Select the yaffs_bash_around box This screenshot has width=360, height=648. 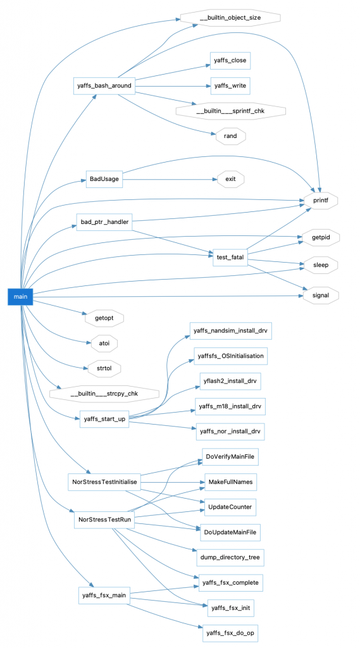pyautogui.click(x=104, y=85)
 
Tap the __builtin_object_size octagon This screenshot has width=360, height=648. pyautogui.click(x=230, y=17)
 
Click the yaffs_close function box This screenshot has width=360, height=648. pyautogui.click(x=230, y=61)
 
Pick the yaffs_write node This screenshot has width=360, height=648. pyautogui.click(x=230, y=85)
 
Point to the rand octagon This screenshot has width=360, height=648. pyautogui.click(x=230, y=135)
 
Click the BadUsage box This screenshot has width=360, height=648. pyautogui.click(x=104, y=179)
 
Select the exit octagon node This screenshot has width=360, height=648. pyautogui.click(x=230, y=179)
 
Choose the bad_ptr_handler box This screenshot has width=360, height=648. pyautogui.click(x=104, y=223)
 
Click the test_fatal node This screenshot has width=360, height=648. pyautogui.click(x=230, y=257)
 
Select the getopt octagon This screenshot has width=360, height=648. pyautogui.click(x=104, y=318)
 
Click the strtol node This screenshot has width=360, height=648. pyautogui.click(x=104, y=367)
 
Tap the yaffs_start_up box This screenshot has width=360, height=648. pyautogui.click(x=104, y=419)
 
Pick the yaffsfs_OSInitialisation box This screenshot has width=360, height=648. pyautogui.click(x=230, y=356)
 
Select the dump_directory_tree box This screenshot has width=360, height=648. pyautogui.click(x=230, y=557)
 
